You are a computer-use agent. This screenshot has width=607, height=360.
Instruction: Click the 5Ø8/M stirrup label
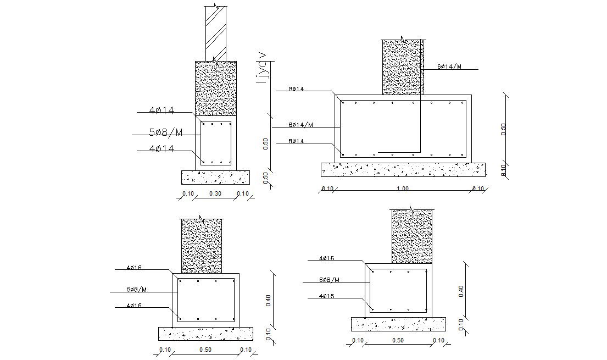165,132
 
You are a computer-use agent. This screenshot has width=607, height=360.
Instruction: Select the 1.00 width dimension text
403,189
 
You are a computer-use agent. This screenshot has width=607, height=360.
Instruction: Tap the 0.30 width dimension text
215,193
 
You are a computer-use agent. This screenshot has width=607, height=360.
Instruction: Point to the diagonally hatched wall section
215,33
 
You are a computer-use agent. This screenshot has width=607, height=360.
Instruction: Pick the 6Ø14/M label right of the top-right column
449,67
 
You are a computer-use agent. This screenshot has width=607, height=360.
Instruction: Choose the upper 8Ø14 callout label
297,88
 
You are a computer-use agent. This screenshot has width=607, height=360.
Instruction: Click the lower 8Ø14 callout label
297,141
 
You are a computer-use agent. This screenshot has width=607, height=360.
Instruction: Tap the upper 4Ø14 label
162,111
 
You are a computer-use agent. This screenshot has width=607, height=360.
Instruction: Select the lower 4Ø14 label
162,148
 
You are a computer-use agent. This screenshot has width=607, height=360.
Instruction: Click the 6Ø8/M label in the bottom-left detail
136,289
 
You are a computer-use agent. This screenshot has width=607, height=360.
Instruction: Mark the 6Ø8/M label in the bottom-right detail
329,280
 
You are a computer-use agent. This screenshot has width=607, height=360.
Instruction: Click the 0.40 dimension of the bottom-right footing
461,291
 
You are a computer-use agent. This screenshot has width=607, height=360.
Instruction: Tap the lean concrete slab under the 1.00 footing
403,169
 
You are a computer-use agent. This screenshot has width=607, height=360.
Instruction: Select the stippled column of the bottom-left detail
201,246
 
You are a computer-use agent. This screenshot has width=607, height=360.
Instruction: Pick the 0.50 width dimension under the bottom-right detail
398,341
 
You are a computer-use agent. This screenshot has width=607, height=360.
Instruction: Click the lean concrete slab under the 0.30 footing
215,177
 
